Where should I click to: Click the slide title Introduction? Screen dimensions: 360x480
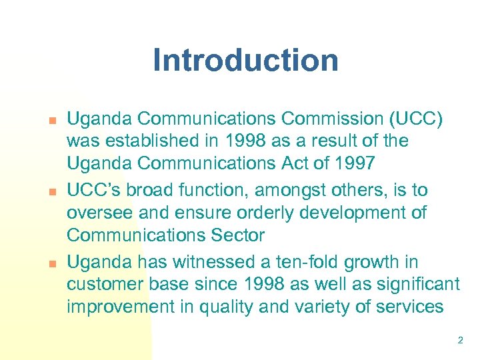(245, 60)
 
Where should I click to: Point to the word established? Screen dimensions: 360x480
(147, 141)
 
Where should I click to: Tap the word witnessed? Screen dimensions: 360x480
(208, 263)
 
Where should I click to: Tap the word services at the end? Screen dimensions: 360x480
(409, 307)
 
